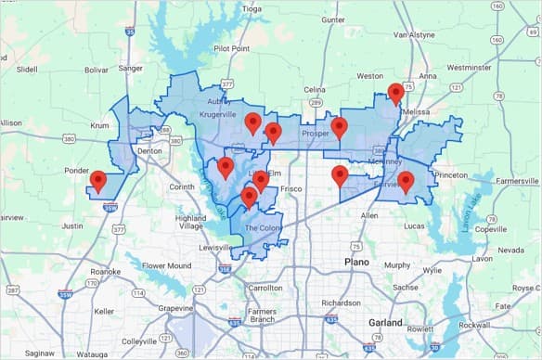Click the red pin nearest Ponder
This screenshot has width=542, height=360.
[x=98, y=180]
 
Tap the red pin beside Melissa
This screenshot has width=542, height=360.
[x=396, y=93]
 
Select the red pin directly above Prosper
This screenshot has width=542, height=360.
[x=339, y=127]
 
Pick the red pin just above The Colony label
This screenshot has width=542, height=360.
[x=249, y=197]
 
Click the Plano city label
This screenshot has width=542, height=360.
[x=356, y=263]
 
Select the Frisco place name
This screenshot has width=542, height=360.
[x=291, y=188]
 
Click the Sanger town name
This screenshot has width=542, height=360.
[x=131, y=68]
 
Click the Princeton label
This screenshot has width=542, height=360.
[x=451, y=174]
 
